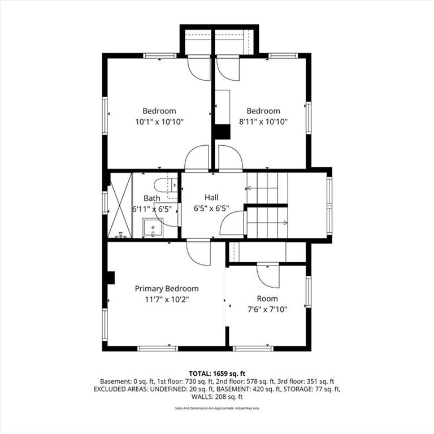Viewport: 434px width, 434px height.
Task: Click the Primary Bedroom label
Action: point(167,289)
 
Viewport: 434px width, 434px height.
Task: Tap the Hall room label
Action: point(211,197)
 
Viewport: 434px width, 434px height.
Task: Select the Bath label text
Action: point(151,198)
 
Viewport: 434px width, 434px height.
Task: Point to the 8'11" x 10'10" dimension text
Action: point(263,121)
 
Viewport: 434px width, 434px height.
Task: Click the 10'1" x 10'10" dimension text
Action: point(159,121)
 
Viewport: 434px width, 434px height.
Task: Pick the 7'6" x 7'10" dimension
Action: point(267,309)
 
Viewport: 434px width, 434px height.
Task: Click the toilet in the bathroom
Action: point(166,185)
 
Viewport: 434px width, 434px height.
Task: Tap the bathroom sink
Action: point(153,228)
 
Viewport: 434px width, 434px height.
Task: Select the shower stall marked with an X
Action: point(120,205)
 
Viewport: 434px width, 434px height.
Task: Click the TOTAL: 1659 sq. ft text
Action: point(217,374)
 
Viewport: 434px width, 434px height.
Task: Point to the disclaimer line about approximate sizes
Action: point(217,408)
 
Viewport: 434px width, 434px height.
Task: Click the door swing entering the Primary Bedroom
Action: point(198,253)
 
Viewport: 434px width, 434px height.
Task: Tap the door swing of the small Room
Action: point(268,276)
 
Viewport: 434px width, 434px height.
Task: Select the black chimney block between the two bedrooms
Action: point(223,132)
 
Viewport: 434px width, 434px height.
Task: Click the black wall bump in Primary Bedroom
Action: point(111,277)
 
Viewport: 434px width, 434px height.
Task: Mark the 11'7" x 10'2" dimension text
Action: point(167,300)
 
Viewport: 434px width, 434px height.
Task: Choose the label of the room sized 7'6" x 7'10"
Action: point(267,298)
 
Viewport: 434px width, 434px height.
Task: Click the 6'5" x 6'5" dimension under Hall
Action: point(211,209)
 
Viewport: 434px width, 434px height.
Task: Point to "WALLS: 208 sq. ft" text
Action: point(217,397)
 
